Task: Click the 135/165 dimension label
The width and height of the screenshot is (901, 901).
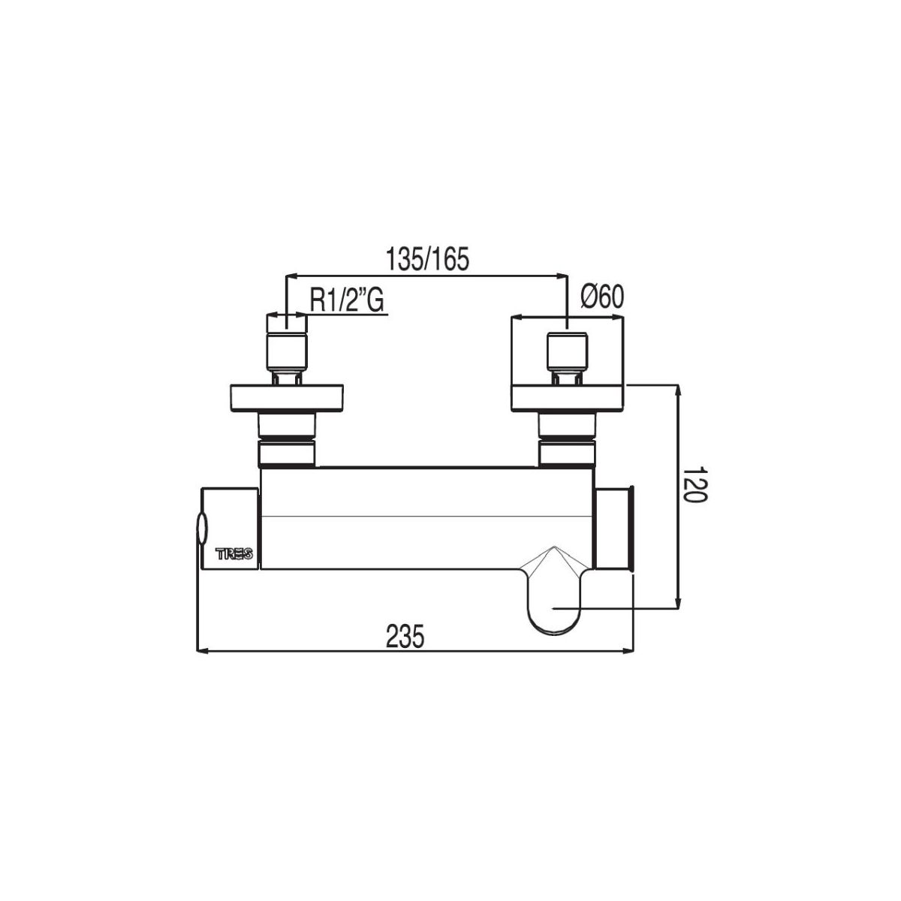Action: [x=427, y=260]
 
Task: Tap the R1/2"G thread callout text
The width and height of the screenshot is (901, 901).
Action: [x=346, y=300]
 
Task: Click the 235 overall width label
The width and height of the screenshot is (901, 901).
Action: [x=405, y=637]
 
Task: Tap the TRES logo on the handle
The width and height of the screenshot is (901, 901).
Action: [x=234, y=554]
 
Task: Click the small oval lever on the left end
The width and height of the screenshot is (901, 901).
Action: [x=201, y=529]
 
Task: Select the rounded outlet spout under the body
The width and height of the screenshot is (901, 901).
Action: [x=553, y=591]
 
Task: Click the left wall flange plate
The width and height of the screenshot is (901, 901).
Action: [x=287, y=398]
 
